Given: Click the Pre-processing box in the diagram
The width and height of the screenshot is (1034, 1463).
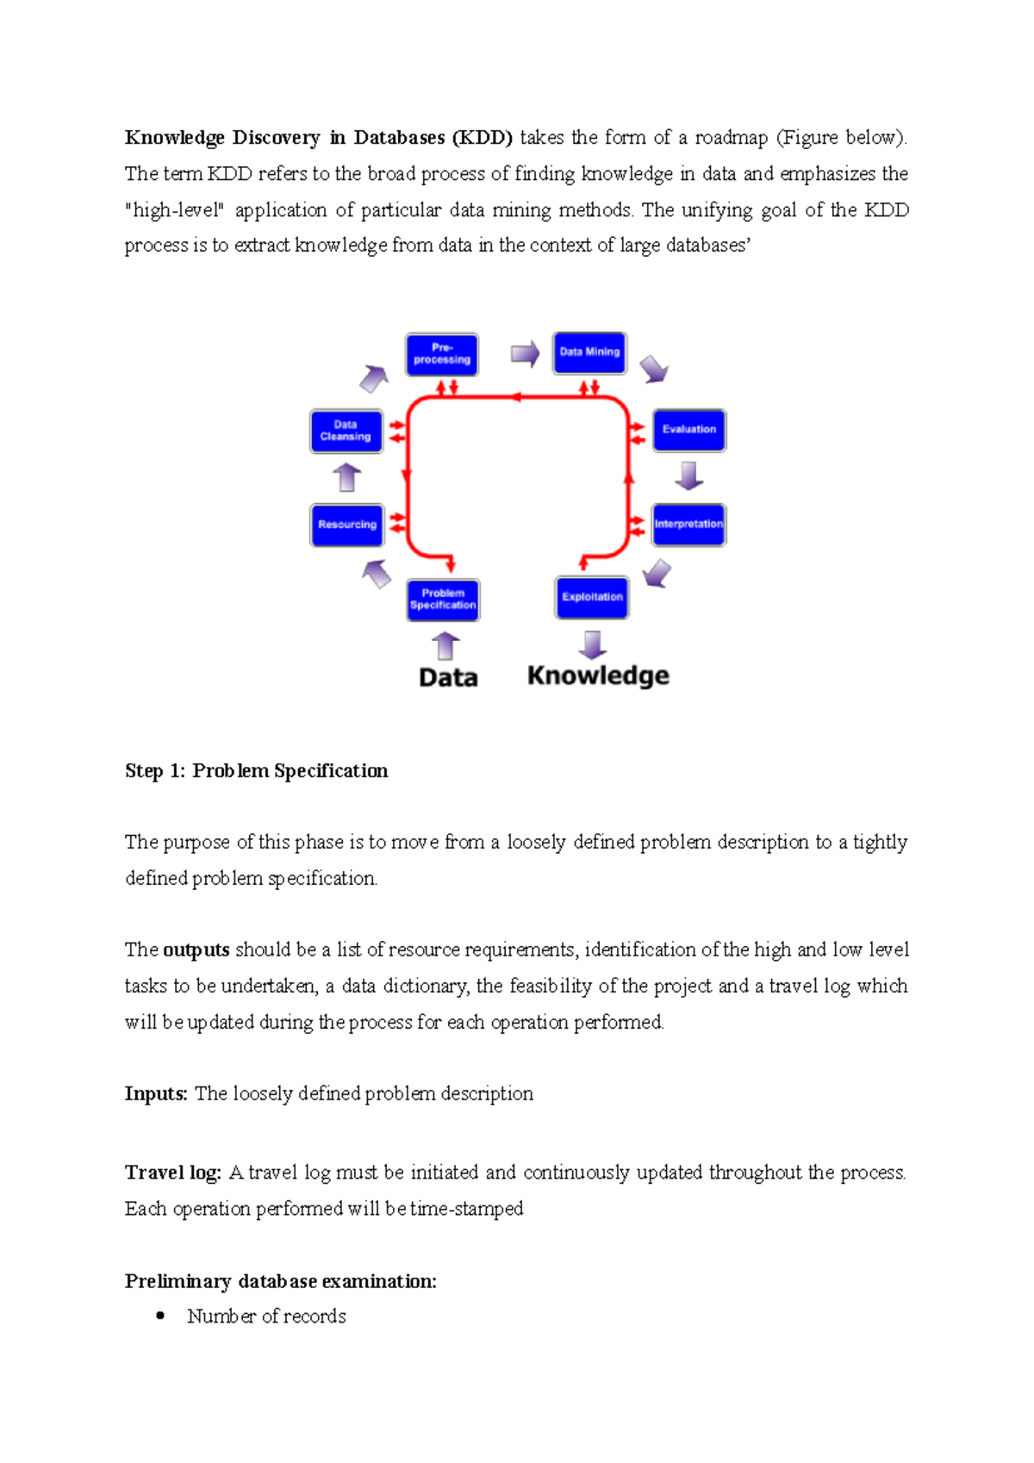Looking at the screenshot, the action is tap(442, 354).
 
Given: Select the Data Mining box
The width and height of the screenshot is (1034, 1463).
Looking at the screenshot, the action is tap(590, 352).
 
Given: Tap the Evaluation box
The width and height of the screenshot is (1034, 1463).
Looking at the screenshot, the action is tap(689, 430).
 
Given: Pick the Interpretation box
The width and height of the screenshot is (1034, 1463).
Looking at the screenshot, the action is tap(688, 525).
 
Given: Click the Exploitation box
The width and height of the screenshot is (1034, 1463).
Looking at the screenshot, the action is tap(592, 597).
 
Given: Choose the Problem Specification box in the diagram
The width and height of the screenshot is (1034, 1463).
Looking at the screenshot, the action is tap(443, 600).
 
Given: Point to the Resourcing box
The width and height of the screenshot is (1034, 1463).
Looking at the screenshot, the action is tap(346, 525).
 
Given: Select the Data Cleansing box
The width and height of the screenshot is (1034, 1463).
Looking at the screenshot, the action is tap(346, 431).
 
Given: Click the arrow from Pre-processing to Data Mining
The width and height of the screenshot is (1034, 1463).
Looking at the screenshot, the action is tap(525, 353).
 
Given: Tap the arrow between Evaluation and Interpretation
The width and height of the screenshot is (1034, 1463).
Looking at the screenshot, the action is tap(688, 476).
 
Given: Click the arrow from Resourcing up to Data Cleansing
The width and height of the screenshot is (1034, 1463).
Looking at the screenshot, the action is tap(346, 477).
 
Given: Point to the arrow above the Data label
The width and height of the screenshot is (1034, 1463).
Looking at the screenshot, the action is tap(445, 646).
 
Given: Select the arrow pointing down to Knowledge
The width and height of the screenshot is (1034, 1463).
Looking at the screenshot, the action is tap(592, 644).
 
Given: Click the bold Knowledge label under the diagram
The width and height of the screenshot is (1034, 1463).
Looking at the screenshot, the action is tap(598, 675).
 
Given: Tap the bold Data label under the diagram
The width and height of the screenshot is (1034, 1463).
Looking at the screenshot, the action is tap(448, 678).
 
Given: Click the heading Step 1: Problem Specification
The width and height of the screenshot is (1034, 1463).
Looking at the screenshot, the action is tap(256, 770).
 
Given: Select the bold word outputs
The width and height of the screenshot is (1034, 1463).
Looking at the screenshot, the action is tap(196, 949).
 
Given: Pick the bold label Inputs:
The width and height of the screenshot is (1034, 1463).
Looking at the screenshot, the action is tap(156, 1093).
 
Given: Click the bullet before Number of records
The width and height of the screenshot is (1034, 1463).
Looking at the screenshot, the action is tap(160, 1316).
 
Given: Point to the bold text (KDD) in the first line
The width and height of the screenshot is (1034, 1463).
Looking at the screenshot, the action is tap(483, 138).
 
